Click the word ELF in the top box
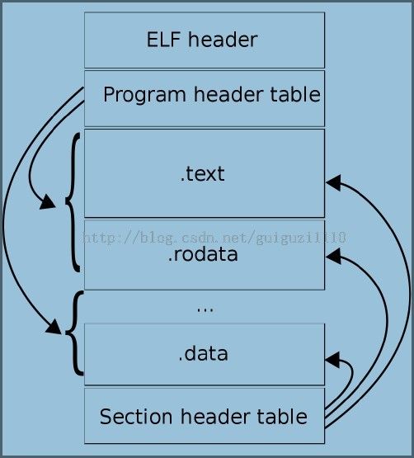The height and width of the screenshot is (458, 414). pyautogui.click(x=163, y=40)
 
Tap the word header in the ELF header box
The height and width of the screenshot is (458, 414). pyautogui.click(x=223, y=40)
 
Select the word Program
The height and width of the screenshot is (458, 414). pyautogui.click(x=144, y=95)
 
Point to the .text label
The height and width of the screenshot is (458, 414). pyautogui.click(x=203, y=174)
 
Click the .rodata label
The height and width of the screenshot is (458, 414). pyautogui.click(x=203, y=254)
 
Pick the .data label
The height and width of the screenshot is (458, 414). pyautogui.click(x=203, y=353)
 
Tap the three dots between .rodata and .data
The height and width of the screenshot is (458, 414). pyautogui.click(x=205, y=310)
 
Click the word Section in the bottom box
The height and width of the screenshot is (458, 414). pyautogui.click(x=136, y=416)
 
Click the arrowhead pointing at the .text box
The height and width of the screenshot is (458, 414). pyautogui.click(x=333, y=182)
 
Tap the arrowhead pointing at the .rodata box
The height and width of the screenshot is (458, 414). pyautogui.click(x=333, y=256)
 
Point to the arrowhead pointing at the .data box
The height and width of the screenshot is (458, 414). pyautogui.click(x=332, y=360)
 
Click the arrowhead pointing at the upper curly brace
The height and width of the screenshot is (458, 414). pyautogui.click(x=47, y=201)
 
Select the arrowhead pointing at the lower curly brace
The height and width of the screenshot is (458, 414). pyautogui.click(x=54, y=327)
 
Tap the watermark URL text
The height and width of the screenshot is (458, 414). pyautogui.click(x=214, y=237)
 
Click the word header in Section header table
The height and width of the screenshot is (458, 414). pyautogui.click(x=215, y=416)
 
